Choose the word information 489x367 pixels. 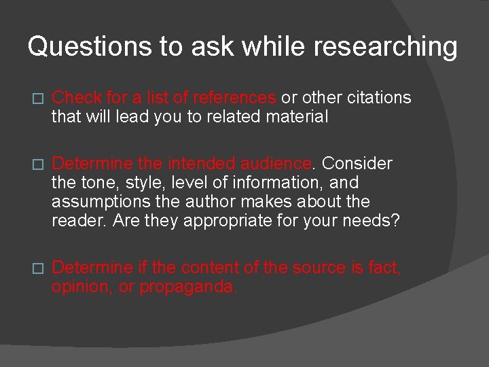click(264, 183)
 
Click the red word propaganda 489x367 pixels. click(188, 287)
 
